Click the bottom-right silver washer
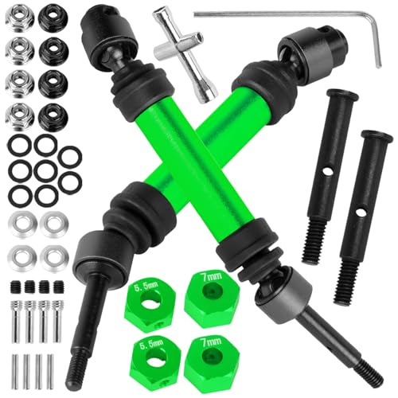pyautogui.click(x=53, y=256)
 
